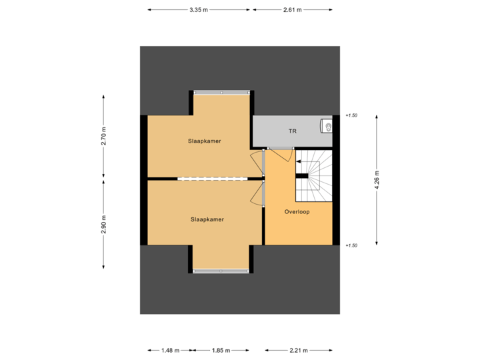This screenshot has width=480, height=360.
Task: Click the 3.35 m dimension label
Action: (199, 10)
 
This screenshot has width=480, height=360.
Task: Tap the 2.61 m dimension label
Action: (293, 10)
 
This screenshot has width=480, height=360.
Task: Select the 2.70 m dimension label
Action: (103, 136)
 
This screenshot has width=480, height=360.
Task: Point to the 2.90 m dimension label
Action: (103, 225)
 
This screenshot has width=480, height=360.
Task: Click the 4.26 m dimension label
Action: (377, 179)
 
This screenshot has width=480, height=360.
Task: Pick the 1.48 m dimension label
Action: (170, 350)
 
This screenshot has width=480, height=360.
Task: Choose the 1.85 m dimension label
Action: (220, 350)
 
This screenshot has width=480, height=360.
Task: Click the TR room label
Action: (292, 131)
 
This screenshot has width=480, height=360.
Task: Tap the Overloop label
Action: (298, 211)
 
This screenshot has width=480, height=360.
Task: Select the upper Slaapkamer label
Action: (205, 141)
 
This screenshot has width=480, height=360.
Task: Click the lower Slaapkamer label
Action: (207, 219)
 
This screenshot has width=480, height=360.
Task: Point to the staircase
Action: (313, 176)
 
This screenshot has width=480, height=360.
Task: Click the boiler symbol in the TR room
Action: (326, 125)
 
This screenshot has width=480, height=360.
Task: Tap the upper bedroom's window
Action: (222, 92)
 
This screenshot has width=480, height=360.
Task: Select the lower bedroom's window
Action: (222, 271)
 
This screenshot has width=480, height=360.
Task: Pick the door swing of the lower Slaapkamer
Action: (257, 195)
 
